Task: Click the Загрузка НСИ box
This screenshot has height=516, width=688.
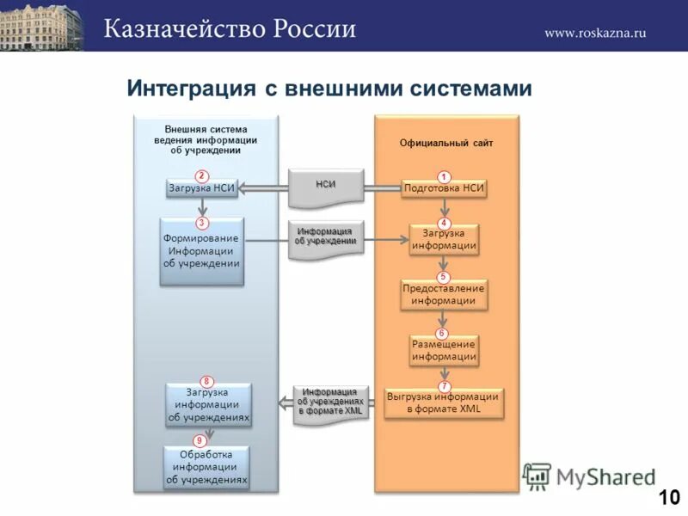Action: [x=202, y=188]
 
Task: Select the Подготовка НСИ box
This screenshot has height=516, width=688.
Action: [x=444, y=188]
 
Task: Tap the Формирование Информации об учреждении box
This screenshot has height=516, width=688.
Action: [x=202, y=250]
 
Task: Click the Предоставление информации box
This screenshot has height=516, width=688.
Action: [x=444, y=295]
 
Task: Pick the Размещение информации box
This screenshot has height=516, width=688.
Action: [x=444, y=350]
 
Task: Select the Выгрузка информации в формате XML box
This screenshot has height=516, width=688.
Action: [x=443, y=403]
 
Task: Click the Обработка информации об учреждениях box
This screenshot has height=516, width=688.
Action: [x=207, y=468]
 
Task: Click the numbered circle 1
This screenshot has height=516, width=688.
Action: [x=445, y=176]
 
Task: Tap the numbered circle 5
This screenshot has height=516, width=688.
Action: [x=443, y=277]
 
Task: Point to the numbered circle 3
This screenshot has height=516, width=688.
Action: [x=200, y=222]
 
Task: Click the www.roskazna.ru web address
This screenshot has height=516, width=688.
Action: [x=594, y=33]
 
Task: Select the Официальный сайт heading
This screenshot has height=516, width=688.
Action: [x=446, y=144]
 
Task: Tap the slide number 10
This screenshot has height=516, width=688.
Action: [x=669, y=497]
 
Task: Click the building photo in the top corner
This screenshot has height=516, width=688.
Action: [x=42, y=25]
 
